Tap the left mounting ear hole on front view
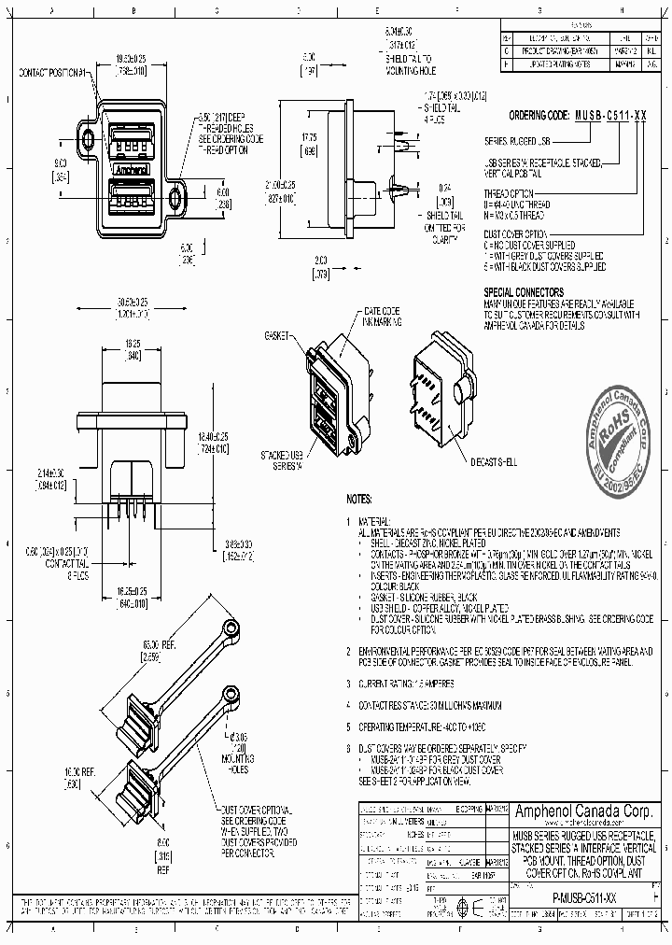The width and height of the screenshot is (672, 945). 89,140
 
